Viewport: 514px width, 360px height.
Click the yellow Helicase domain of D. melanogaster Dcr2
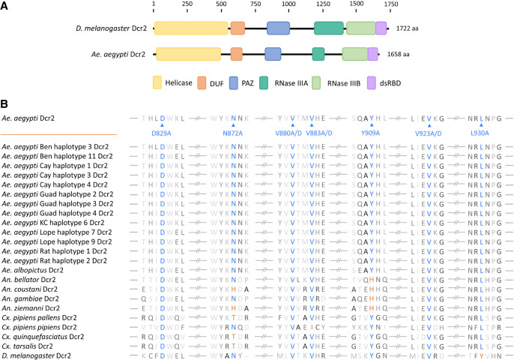coord(191,28)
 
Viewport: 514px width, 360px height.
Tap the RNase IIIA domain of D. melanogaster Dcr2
coord(328,28)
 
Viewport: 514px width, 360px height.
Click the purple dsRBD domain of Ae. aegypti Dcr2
coord(373,54)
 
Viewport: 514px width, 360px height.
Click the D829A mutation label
coord(162,133)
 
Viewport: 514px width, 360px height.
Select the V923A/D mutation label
coord(429,133)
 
